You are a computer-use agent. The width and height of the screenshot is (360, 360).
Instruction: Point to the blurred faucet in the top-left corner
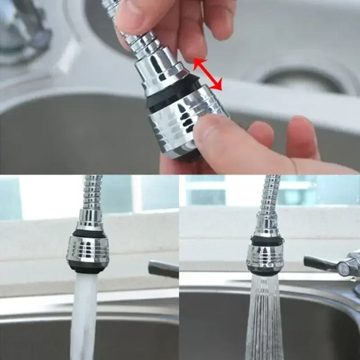tap(22, 31)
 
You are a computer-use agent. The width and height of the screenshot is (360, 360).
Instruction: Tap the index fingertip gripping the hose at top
tap(135, 18)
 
